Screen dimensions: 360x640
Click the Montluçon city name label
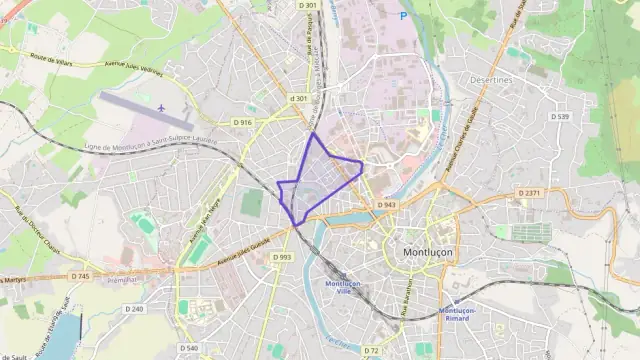coord(427,252)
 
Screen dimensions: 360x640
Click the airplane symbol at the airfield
coord(161,106)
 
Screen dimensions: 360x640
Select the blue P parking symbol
coord(403,15)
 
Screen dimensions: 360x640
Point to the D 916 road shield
coord(242,122)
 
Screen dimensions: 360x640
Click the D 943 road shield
coord(387,205)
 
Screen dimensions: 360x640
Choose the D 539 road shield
coord(559,117)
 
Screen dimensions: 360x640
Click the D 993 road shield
coord(282,257)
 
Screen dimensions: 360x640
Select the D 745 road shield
coord(81,276)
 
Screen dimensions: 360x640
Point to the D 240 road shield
coord(135,309)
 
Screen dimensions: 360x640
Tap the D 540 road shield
coord(190,347)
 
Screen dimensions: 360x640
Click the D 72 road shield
coord(371,350)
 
